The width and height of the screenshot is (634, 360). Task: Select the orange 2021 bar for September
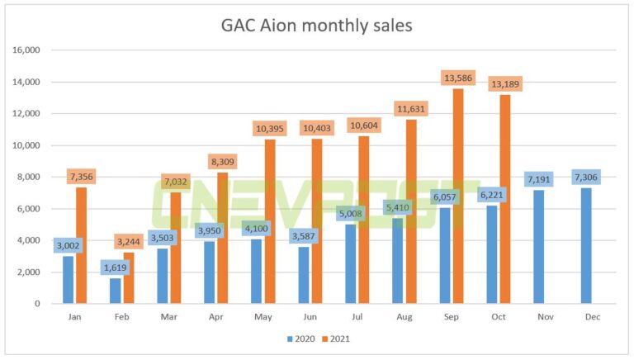point(458,198)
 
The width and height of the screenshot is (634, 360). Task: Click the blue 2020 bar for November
point(539,247)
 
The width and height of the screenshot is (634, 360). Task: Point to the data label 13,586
point(459,78)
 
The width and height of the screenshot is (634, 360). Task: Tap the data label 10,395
point(271,129)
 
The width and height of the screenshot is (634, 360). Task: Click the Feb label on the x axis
point(122,317)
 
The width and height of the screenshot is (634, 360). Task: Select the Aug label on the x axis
point(405,317)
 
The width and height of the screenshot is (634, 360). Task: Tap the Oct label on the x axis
point(499,317)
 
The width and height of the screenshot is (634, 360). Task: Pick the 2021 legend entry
point(338,339)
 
